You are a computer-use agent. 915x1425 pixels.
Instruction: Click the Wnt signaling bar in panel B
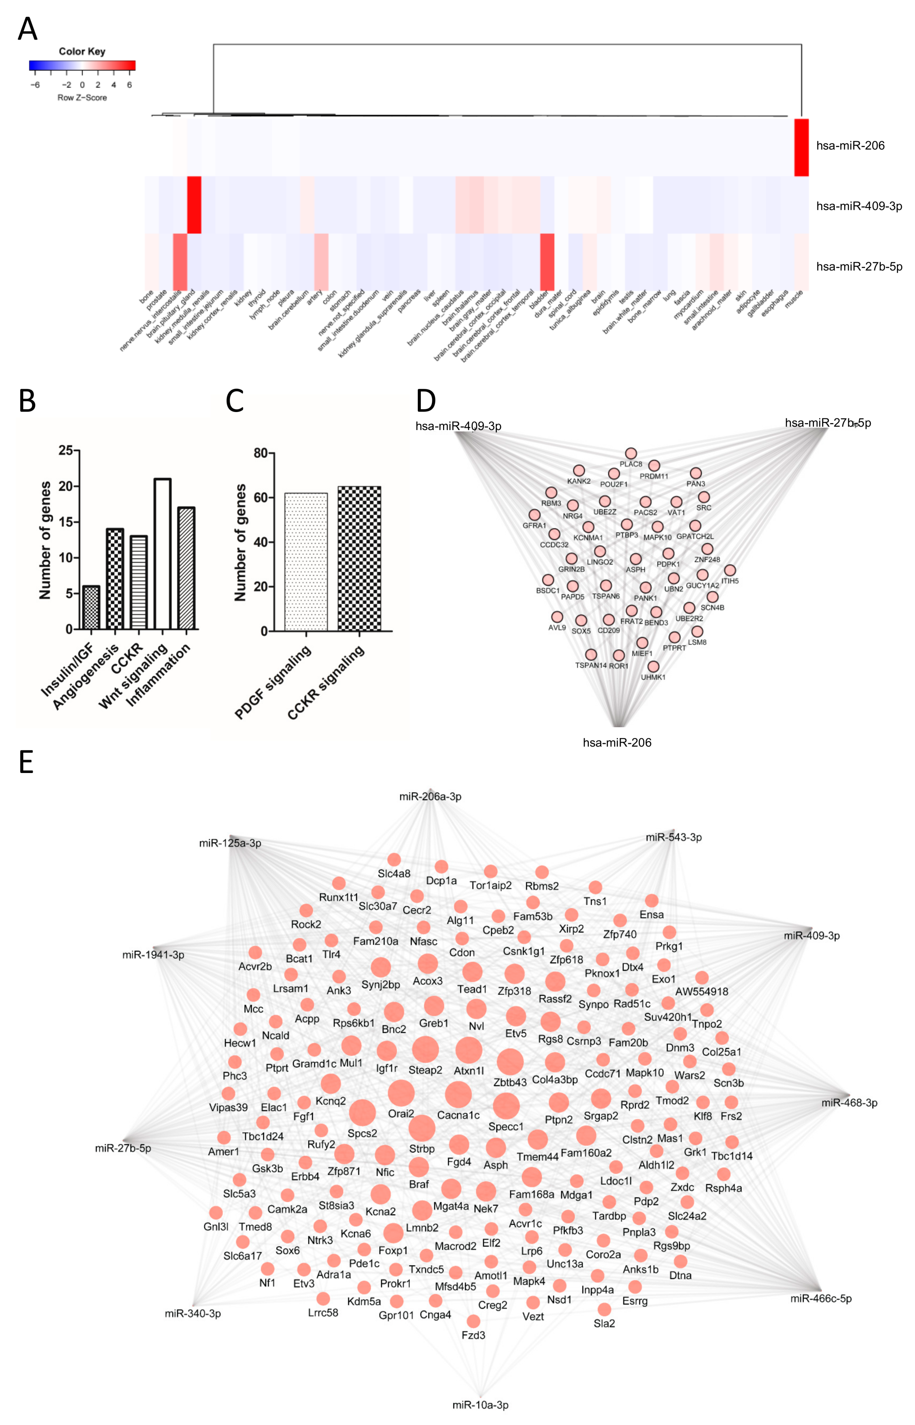point(162,553)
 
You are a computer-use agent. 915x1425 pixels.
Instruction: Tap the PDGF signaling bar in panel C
point(306,562)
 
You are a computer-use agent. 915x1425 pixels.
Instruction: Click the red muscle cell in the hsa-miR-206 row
point(802,147)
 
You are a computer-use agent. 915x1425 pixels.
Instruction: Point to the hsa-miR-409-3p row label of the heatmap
point(858,206)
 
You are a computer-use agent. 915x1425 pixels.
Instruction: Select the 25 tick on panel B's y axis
point(65,450)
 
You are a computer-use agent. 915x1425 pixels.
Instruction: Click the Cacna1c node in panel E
point(458,1094)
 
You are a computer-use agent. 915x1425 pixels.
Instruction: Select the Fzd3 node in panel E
point(474,1321)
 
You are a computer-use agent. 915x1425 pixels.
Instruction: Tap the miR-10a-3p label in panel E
point(480,1405)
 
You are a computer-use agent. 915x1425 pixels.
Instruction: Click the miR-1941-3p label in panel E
point(153,955)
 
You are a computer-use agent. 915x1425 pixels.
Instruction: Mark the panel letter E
point(26,762)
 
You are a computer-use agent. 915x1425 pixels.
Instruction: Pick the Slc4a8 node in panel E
point(394,860)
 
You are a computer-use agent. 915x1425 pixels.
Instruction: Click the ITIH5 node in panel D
point(730,570)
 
